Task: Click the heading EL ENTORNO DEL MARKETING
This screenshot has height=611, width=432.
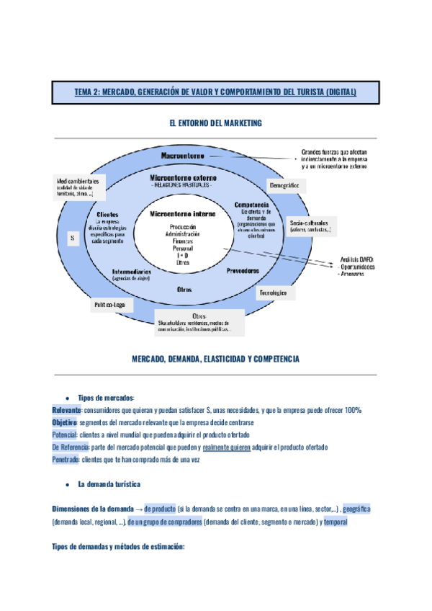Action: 215,124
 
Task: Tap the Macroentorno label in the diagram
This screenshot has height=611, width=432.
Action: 182,156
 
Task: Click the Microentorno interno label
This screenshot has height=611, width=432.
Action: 183,214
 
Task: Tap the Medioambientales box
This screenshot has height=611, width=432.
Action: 79,184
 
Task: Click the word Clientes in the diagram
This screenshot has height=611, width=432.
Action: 107,214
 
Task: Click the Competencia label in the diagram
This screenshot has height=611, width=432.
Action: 251,205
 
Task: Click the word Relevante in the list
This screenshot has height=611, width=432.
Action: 66,410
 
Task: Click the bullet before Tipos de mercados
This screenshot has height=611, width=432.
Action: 66,398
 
